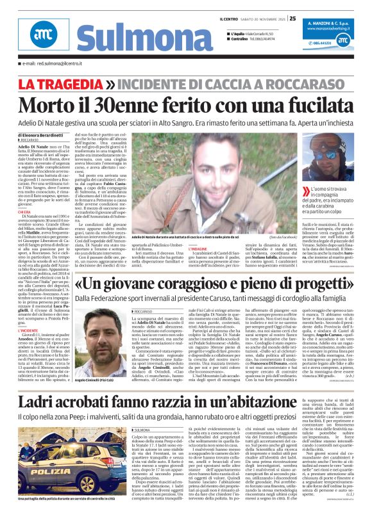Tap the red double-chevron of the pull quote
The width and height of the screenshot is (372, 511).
click(309, 155)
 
